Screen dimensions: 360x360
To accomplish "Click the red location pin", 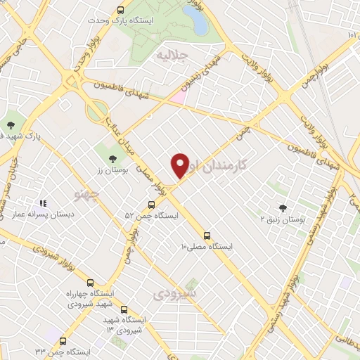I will pyautogui.click(x=180, y=165).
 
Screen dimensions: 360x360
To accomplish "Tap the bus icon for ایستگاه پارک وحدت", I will pyautogui.click(x=121, y=10).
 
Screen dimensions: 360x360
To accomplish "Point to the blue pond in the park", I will pyautogui.click(x=199, y=22).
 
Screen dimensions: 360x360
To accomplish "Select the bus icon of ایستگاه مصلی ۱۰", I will pyautogui.click(x=207, y=236).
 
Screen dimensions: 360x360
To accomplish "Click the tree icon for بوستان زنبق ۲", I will pyautogui.click(x=283, y=207).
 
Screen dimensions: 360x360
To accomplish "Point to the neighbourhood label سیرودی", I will pyautogui.click(x=176, y=291).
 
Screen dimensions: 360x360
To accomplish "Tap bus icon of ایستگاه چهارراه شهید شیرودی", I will pyautogui.click(x=90, y=283).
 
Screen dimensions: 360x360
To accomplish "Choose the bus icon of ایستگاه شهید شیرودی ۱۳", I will pyautogui.click(x=124, y=309).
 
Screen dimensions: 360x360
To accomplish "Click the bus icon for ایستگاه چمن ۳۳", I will pyautogui.click(x=63, y=341).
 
